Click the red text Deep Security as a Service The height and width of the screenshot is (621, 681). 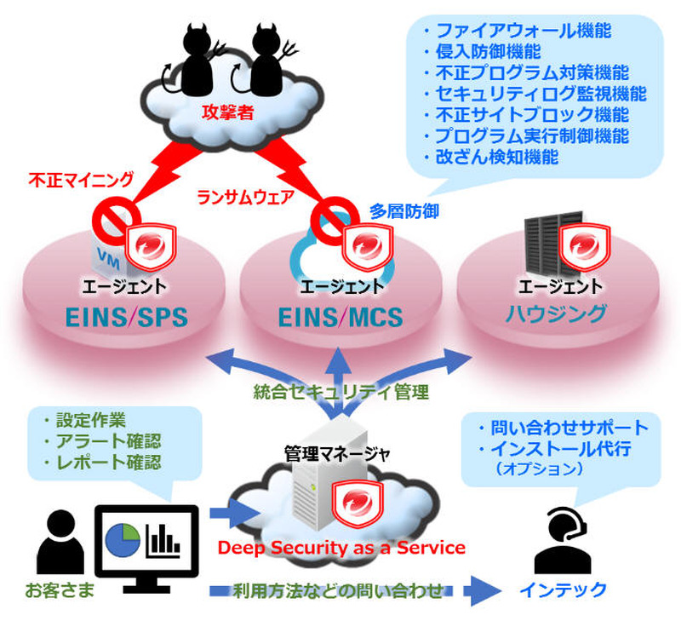pyautogui.click(x=341, y=547)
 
